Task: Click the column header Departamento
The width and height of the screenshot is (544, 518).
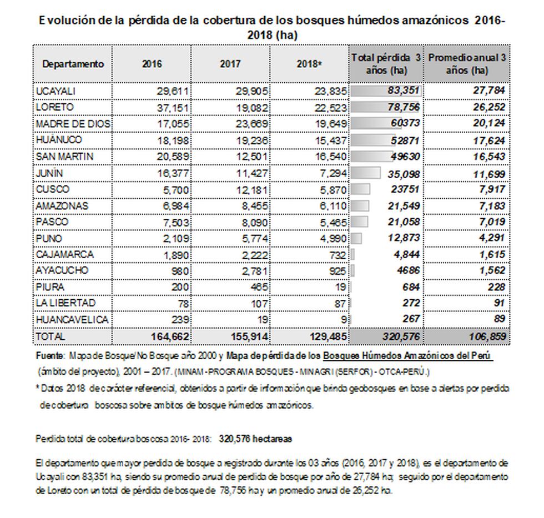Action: pyautogui.click(x=73, y=64)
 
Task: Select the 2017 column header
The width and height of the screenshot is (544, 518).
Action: pyautogui.click(x=230, y=64)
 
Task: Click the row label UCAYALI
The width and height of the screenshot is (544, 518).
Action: pyautogui.click(x=56, y=91)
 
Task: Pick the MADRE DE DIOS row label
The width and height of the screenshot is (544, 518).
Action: pyautogui.click(x=73, y=124)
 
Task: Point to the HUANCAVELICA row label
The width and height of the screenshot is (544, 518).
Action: pyautogui.click(x=72, y=320)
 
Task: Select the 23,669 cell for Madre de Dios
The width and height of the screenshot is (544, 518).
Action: pyautogui.click(x=253, y=124)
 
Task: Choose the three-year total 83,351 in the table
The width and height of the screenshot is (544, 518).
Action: pyautogui.click(x=402, y=91)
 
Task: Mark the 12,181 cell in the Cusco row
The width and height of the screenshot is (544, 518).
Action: pyautogui.click(x=253, y=189)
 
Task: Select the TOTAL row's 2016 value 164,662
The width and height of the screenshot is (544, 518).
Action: pyautogui.click(x=170, y=336)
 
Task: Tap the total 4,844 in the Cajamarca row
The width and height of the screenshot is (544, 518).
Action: pyautogui.click(x=406, y=255)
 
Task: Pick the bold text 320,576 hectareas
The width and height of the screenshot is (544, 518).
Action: pyautogui.click(x=256, y=439)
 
